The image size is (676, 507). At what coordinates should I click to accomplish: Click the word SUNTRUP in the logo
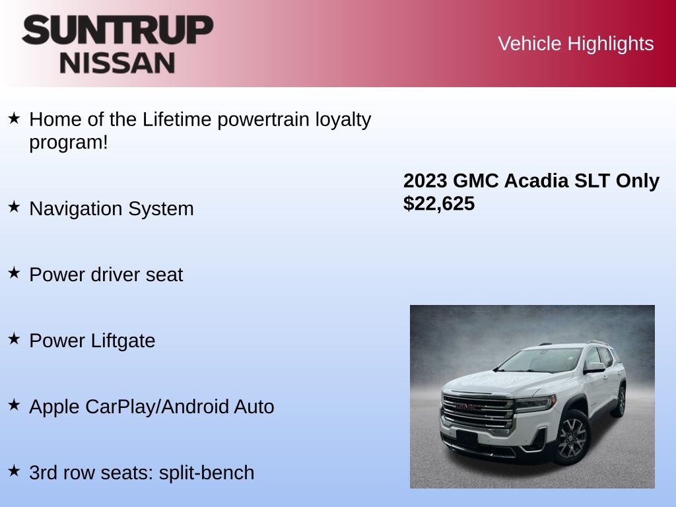tap(118, 30)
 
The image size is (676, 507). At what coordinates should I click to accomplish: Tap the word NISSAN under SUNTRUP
tap(118, 63)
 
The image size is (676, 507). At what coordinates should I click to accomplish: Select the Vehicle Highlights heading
tap(576, 44)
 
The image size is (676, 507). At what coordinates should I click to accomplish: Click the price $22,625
tap(439, 204)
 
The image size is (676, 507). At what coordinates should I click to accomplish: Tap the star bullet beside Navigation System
tap(14, 207)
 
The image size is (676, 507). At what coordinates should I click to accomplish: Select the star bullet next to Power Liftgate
tap(14, 339)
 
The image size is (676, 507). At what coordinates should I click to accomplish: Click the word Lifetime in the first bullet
tap(177, 120)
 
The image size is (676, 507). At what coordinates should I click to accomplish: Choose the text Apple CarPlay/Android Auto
tap(152, 407)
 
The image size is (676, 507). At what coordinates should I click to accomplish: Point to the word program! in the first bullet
tap(68, 142)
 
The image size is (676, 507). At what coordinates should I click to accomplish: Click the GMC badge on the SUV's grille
tap(467, 407)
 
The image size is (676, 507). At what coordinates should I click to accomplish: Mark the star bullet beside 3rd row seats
tap(14, 471)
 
